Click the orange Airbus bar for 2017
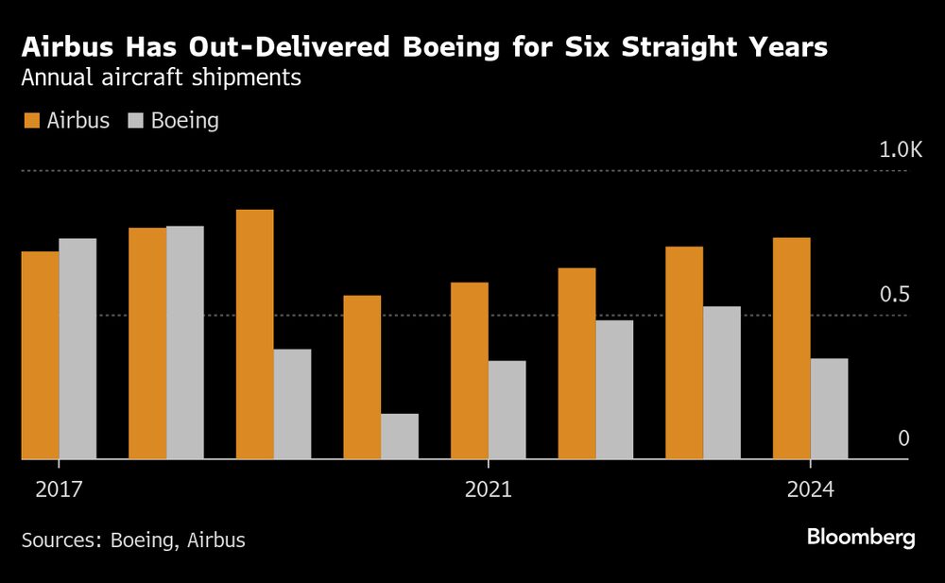40,355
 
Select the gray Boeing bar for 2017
77,349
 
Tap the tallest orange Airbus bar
254,334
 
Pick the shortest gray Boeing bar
400,436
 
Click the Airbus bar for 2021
469,370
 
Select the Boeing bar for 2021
507,409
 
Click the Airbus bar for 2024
791,348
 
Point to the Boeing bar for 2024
829,408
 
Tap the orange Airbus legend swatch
30,121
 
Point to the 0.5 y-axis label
894,295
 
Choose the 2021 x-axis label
488,489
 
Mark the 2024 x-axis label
810,489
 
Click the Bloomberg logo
860,538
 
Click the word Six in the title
588,47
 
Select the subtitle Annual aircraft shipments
161,78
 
